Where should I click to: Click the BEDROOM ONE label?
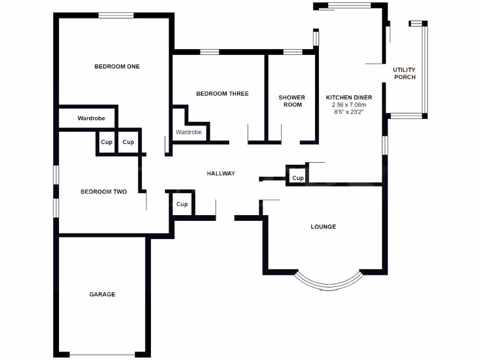coord(117,67)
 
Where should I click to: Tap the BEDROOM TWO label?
coord(104,192)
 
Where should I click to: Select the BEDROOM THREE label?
coord(222,94)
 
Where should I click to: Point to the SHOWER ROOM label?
coord(292,101)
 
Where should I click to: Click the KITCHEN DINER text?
coord(349,97)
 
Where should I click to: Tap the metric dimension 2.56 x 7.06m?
coord(349,105)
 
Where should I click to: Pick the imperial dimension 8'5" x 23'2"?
coord(349,112)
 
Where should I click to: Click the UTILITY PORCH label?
coord(404,74)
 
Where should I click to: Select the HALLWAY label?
coord(221,173)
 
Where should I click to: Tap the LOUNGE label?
coord(323,227)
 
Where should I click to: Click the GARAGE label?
coord(102,294)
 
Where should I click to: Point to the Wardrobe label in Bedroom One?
coord(91,119)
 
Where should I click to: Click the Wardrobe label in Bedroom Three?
coord(188,132)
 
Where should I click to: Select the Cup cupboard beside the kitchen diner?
coord(298,178)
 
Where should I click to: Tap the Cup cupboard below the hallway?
coord(182,204)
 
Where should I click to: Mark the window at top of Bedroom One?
coord(116,15)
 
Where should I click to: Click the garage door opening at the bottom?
coord(102,354)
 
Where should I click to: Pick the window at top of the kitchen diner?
coord(349,6)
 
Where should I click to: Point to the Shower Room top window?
coord(292,52)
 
